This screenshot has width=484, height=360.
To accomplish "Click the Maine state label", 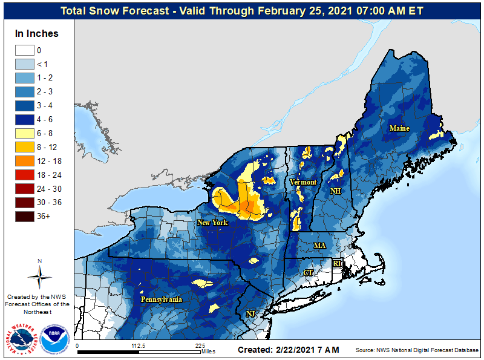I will (399, 128).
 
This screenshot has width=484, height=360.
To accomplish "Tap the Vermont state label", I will (302, 182).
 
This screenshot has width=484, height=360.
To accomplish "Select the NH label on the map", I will (335, 191).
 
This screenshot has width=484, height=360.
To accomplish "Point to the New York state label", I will (212, 223).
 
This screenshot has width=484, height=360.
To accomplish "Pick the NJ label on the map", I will (250, 313).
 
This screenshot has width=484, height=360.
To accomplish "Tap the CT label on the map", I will (308, 273).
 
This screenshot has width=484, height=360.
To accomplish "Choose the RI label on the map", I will (338, 264).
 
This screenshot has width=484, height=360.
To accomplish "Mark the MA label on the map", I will (319, 246).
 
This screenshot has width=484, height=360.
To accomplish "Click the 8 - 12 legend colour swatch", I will (25, 147).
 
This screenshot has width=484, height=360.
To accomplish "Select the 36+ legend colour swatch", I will (25, 216).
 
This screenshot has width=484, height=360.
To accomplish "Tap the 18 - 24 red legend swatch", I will (25, 175).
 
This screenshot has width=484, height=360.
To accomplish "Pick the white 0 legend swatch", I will (25, 51).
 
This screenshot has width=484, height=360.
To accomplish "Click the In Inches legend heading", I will (38, 34).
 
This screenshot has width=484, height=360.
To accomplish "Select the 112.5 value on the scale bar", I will (139, 346).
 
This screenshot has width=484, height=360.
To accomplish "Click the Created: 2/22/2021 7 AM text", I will (288, 350).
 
